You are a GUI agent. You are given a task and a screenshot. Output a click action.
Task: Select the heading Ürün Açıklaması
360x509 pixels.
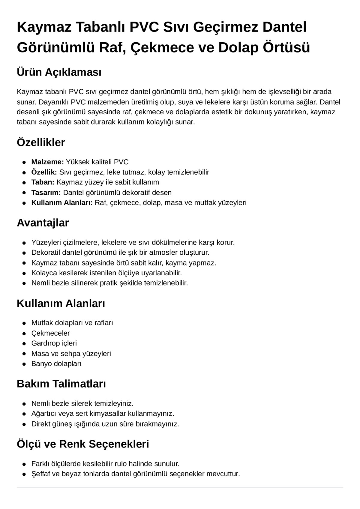tap(59, 72)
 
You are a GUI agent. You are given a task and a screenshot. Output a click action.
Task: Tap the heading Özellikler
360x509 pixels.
tap(41, 142)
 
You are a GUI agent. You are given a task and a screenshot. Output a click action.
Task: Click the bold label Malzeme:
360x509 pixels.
tap(47, 162)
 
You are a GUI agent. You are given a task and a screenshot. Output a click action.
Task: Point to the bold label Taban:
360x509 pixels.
tap(43, 182)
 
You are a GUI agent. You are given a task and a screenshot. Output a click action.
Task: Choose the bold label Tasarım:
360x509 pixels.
tap(46, 192)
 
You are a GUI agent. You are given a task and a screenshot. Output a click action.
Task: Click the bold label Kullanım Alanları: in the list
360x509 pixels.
tap(62, 202)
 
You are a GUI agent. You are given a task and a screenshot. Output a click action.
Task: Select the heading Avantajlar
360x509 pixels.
tap(43, 223)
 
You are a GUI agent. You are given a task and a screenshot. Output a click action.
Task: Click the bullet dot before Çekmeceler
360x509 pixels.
tap(24, 333)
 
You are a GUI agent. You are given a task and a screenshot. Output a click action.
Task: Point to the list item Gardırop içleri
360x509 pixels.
tap(54, 343)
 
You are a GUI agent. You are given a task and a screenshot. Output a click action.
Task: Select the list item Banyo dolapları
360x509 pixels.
tap(56, 364)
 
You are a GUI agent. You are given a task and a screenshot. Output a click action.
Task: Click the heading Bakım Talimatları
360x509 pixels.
tap(61, 384)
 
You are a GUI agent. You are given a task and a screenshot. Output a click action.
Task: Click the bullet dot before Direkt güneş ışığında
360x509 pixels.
tap(24, 424)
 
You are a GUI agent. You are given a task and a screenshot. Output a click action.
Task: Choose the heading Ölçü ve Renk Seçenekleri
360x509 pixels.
tap(83, 444)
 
